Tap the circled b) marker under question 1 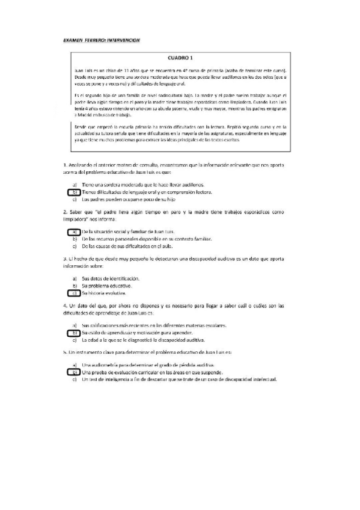(72, 192)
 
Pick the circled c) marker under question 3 (72, 293)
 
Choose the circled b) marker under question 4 (72, 333)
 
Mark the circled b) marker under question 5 (72, 372)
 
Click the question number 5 (64, 351)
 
